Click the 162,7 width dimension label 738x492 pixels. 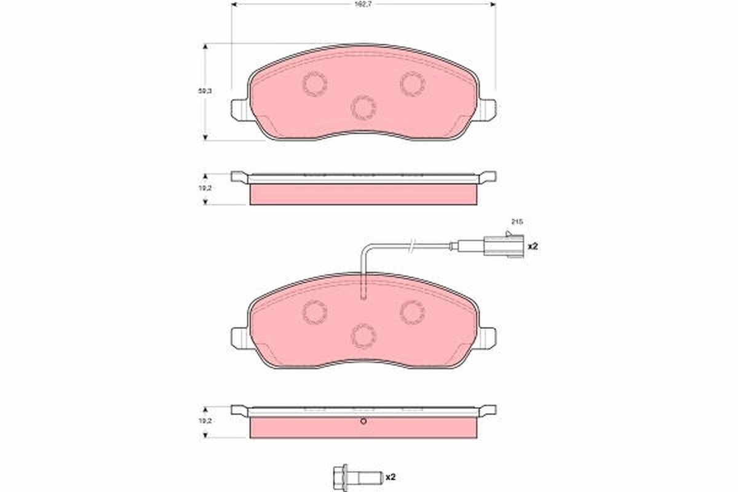tap(363, 4)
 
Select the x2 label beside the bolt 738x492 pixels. tap(389, 476)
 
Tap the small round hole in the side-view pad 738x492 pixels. tap(363, 421)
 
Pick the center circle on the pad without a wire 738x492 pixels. tap(363, 108)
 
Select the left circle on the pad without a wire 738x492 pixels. tap(314, 84)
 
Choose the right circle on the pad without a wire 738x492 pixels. tap(412, 84)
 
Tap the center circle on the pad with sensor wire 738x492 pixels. tap(363, 335)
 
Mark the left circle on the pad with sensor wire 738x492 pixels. tap(314, 312)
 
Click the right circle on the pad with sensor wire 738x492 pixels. tap(412, 312)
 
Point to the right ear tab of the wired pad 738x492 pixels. tap(486, 337)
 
